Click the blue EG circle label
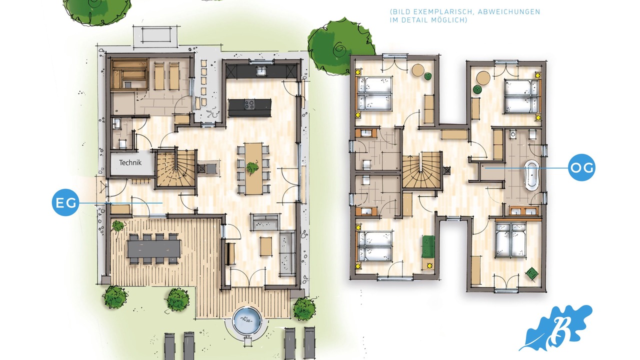tap(65, 202)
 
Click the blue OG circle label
tap(581, 167)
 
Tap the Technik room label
tap(130, 163)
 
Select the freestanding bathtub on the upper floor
tap(531, 175)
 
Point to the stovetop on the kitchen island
tap(250, 104)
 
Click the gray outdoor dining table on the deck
tap(154, 248)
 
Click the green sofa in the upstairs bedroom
tap(428, 246)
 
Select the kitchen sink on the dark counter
tap(261, 70)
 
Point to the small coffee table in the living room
tap(266, 246)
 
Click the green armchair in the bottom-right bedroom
tap(531, 273)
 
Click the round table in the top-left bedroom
tap(418, 69)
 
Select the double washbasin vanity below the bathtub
tap(523, 211)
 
